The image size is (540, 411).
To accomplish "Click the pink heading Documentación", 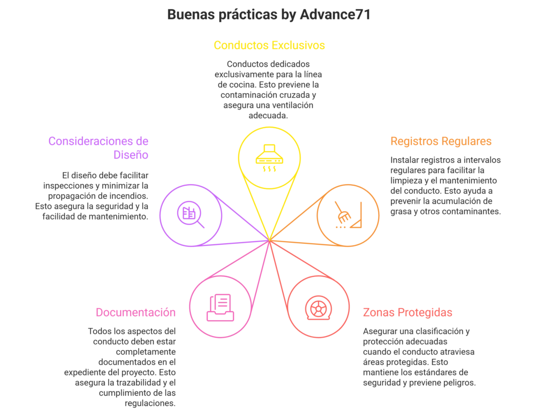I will [x=134, y=311].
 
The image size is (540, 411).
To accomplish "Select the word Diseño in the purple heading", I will [x=132, y=155].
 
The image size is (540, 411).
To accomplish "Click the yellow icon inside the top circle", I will [x=269, y=157].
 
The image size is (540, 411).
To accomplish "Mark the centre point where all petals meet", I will [x=269, y=241].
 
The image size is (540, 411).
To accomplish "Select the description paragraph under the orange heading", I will [x=445, y=186].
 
